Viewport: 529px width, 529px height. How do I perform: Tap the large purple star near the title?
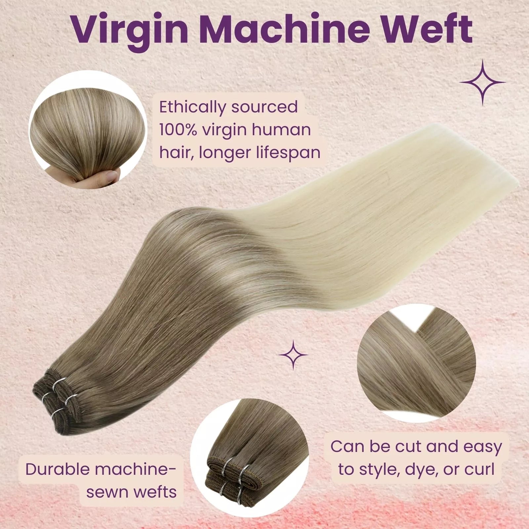tap(483, 83)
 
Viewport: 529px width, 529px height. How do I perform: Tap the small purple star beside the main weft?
tap(294, 355)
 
